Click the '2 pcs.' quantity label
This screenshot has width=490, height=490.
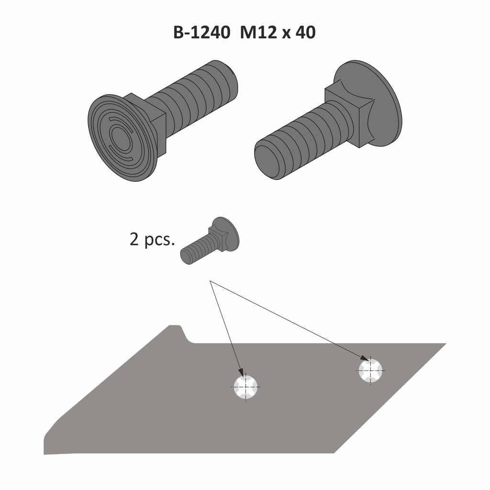[151, 239]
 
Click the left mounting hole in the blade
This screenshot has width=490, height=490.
[245, 386]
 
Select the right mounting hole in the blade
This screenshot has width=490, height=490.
[370, 370]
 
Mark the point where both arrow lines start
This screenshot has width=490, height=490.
[210, 282]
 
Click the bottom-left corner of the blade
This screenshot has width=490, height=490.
[45, 452]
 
